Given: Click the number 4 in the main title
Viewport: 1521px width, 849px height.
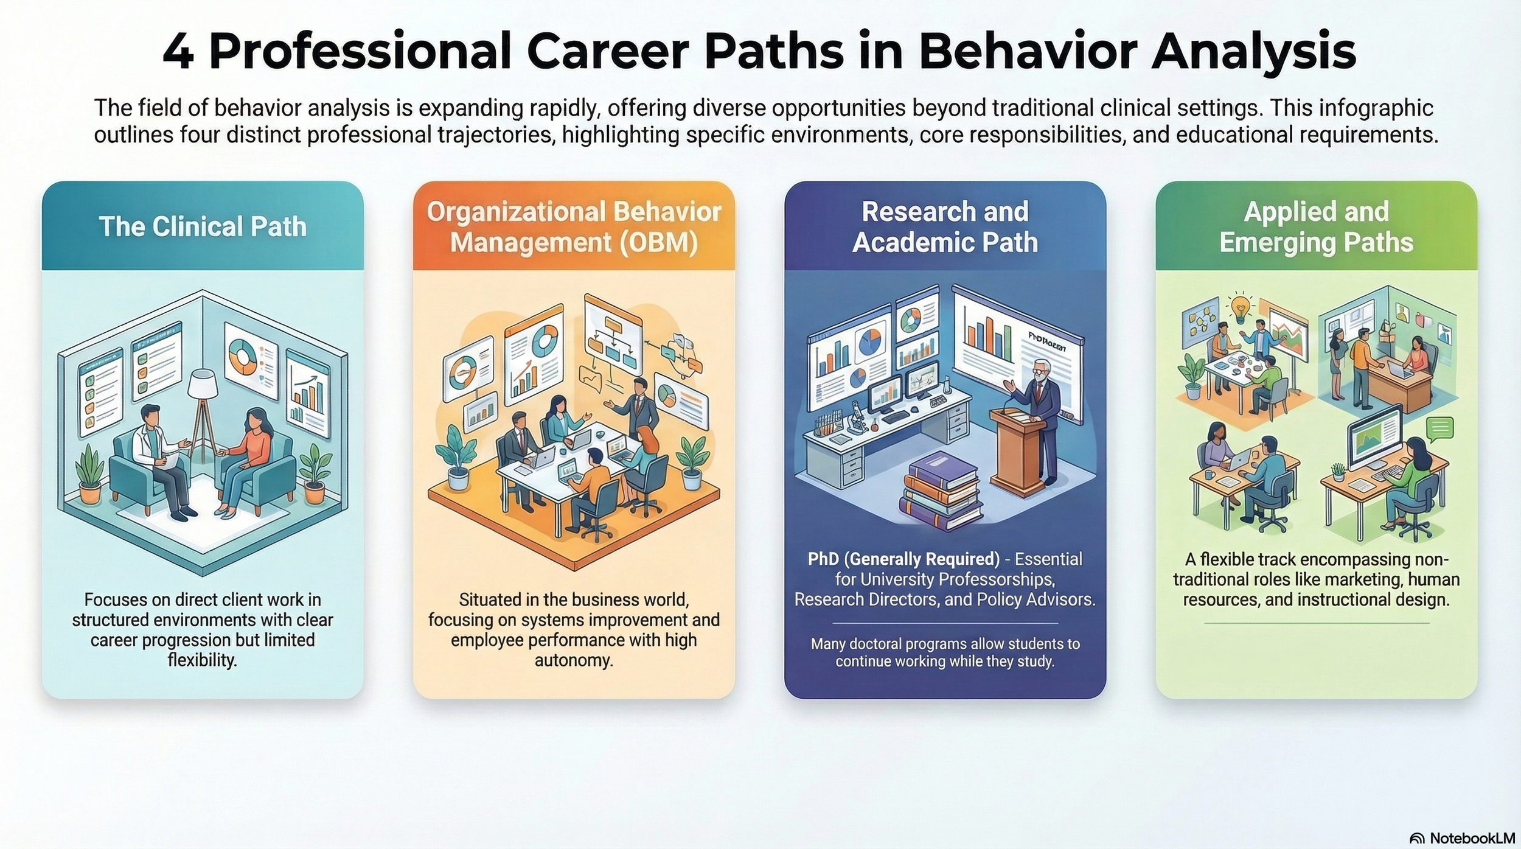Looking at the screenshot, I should [x=178, y=52].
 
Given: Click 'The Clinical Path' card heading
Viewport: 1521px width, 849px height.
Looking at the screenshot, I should [x=203, y=226].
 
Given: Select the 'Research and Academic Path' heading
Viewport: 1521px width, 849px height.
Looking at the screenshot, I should [x=945, y=226].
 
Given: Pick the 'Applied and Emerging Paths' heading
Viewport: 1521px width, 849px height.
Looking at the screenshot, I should [x=1316, y=226].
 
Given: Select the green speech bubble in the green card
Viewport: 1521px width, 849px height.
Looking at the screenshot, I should [x=1439, y=429].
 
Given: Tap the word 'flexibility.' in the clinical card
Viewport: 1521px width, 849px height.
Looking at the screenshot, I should [x=203, y=660].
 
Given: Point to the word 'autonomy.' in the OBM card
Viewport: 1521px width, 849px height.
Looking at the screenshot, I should [x=574, y=660].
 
